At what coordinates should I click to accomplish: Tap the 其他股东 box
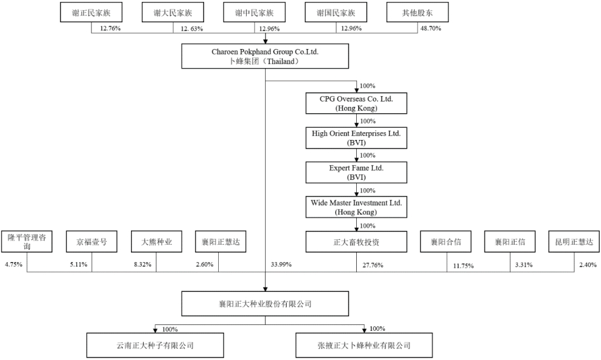pyautogui.click(x=417, y=13)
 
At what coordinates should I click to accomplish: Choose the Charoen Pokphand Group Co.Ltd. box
pyautogui.click(x=265, y=55)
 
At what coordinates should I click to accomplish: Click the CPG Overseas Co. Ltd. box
pyautogui.click(x=356, y=104)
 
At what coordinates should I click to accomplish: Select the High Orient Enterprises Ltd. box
pyautogui.click(x=356, y=138)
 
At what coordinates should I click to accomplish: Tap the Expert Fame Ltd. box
pyautogui.click(x=356, y=172)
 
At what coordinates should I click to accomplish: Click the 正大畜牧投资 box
pyautogui.click(x=356, y=242)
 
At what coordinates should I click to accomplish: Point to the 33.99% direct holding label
pyautogui.click(x=280, y=264)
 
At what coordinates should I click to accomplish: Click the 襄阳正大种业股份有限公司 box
pyautogui.click(x=265, y=304)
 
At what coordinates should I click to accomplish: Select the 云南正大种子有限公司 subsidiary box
pyautogui.click(x=154, y=346)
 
